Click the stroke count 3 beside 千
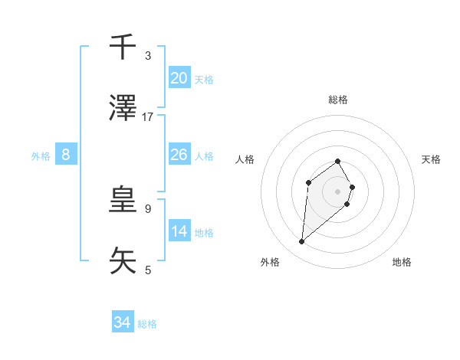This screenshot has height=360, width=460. [x=148, y=56]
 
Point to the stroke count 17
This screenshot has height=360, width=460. [x=148, y=117]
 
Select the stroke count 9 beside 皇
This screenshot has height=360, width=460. [x=148, y=208]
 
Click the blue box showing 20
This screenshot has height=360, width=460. [x=179, y=78]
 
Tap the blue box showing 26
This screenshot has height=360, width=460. [x=179, y=155]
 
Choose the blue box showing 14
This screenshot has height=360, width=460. [x=179, y=231]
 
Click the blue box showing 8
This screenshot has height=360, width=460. [x=66, y=155]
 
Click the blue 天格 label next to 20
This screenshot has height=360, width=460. [x=204, y=79]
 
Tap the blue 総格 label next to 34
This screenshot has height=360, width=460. [x=147, y=323]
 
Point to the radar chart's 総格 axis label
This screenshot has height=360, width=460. [x=338, y=100]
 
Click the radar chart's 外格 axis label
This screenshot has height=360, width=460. [x=270, y=262]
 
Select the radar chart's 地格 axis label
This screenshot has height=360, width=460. [x=402, y=262]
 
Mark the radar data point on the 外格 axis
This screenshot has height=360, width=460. [x=302, y=242]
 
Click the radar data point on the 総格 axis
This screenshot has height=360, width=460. [x=338, y=161]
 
